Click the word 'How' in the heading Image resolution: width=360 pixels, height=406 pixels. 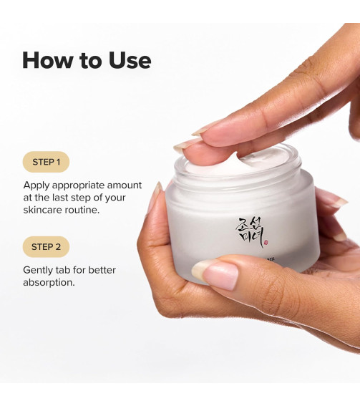coord(44,60)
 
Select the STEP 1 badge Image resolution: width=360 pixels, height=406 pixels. coord(46,162)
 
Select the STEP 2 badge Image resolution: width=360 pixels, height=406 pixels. coord(46,247)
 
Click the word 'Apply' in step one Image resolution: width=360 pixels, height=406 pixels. coord(37,185)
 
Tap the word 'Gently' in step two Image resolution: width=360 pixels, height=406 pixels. coord(40,270)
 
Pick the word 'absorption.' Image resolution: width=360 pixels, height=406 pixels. coord(49,283)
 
